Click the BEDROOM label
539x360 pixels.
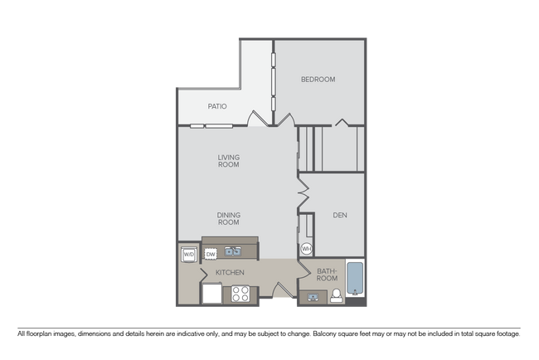tap(318, 80)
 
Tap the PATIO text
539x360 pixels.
tap(216, 106)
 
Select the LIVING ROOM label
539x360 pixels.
tap(228, 160)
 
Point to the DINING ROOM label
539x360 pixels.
tap(228, 219)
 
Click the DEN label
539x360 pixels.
tap(339, 216)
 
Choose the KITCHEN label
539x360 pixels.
tap(229, 272)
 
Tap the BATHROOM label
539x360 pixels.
tap(327, 275)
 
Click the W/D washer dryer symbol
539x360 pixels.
tap(188, 254)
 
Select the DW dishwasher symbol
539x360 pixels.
tap(211, 254)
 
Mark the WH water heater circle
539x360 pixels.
tap(306, 249)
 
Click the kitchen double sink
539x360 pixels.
tap(233, 251)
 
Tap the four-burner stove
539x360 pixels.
tap(240, 293)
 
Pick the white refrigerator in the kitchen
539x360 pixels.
tap(211, 293)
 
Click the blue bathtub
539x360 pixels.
tap(354, 278)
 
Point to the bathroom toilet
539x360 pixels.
tap(337, 297)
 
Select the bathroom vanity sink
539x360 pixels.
tap(314, 297)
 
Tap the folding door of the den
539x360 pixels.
tap(303, 196)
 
